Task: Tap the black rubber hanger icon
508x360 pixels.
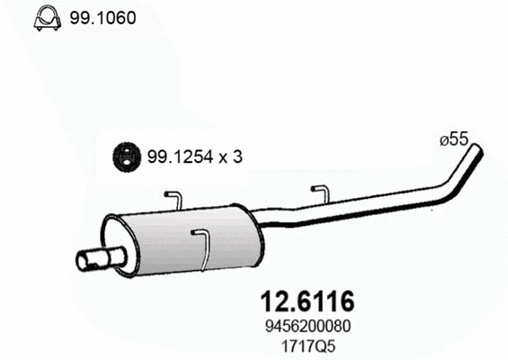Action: click(x=127, y=157)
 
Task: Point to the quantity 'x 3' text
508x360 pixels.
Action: click(x=230, y=157)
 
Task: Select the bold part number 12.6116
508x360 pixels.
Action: click(x=307, y=299)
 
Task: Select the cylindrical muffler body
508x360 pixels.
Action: click(x=189, y=241)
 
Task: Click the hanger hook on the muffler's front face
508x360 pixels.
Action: click(x=202, y=247)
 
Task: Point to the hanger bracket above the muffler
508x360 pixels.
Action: click(x=174, y=200)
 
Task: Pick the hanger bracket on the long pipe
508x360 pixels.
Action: click(x=320, y=195)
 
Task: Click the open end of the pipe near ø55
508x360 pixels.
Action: click(x=477, y=150)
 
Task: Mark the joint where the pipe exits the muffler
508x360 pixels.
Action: click(x=259, y=220)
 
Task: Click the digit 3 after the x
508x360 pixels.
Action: click(x=237, y=157)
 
